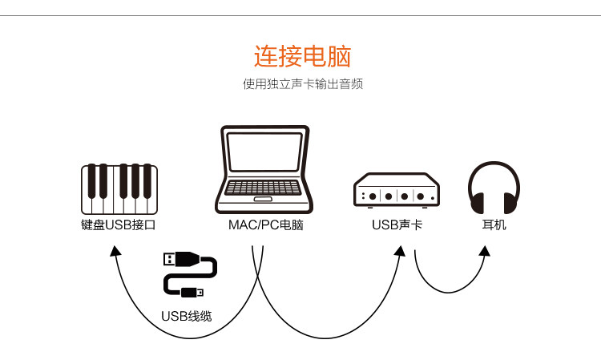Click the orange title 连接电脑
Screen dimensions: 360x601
[302, 57]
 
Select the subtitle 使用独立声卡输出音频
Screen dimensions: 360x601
[302, 83]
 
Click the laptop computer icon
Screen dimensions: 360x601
[264, 170]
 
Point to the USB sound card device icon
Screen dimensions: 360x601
[396, 188]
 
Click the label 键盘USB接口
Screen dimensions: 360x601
[119, 224]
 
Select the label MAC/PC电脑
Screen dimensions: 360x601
[265, 224]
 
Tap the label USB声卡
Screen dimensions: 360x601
[397, 224]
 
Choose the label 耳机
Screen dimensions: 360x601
[494, 224]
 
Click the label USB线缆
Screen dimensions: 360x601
[187, 316]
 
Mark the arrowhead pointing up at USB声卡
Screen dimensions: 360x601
[398, 250]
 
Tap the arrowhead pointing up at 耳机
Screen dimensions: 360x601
[484, 250]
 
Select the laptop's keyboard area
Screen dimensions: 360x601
[263, 188]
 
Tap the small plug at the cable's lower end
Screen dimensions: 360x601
[192, 292]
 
